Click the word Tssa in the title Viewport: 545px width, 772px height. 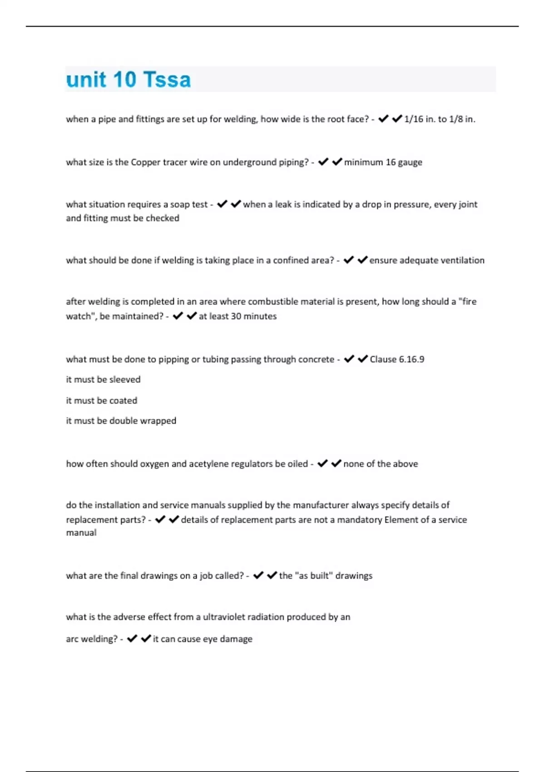tap(167, 80)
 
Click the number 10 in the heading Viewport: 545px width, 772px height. tap(124, 80)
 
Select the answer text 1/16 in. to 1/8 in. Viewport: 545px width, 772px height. tap(439, 119)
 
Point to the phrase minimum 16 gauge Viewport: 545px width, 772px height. tap(383, 163)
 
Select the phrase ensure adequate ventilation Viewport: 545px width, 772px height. tap(426, 261)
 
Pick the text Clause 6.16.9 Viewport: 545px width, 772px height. tap(396, 360)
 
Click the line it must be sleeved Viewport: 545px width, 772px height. tap(103, 380)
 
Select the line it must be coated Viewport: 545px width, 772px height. tap(101, 401)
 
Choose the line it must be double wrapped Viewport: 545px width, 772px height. tap(121, 421)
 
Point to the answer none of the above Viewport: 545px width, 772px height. tap(380, 464)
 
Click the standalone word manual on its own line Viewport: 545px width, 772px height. tap(81, 533)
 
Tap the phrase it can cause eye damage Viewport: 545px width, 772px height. tap(202, 639)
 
